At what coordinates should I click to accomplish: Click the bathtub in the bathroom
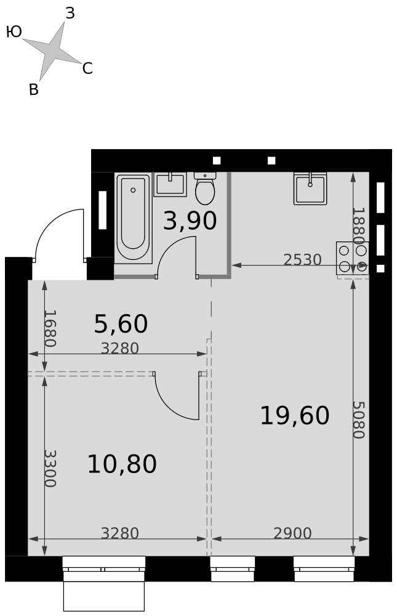(133, 218)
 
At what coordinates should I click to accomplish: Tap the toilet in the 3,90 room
(204, 188)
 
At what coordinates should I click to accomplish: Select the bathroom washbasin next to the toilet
(170, 184)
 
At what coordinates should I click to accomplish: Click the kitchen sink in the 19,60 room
(310, 188)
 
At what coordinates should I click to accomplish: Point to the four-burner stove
(353, 258)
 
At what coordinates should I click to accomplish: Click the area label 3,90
(190, 221)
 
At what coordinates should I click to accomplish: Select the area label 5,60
(121, 324)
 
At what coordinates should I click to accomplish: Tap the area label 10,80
(122, 464)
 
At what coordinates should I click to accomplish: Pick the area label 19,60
(294, 416)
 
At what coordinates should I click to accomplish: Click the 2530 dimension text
(302, 260)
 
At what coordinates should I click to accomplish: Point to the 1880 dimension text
(358, 226)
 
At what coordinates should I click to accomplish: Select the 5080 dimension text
(358, 419)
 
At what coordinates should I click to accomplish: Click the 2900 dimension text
(292, 533)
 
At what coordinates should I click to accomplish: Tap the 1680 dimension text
(50, 328)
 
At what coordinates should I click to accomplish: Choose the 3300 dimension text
(50, 468)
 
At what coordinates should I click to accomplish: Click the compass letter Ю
(14, 32)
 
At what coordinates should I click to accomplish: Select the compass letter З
(70, 14)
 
